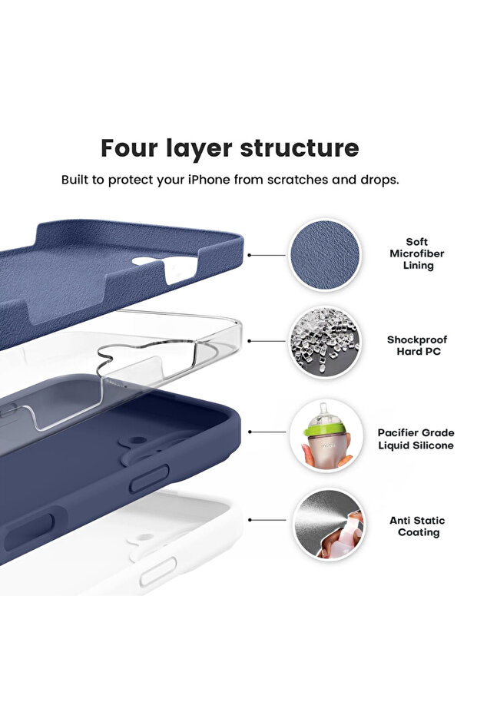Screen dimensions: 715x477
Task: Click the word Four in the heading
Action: (133, 147)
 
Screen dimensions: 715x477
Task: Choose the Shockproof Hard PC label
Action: (416, 345)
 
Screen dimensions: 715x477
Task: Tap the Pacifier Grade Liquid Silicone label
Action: (416, 439)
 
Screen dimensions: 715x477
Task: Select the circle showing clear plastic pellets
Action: (326, 343)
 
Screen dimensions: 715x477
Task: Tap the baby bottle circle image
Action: (326, 435)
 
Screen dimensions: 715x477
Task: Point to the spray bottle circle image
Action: (328, 525)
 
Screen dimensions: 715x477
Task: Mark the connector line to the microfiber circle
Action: (266, 255)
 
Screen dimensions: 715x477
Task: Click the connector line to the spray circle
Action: (270, 520)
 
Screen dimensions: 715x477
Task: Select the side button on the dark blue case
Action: (149, 479)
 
